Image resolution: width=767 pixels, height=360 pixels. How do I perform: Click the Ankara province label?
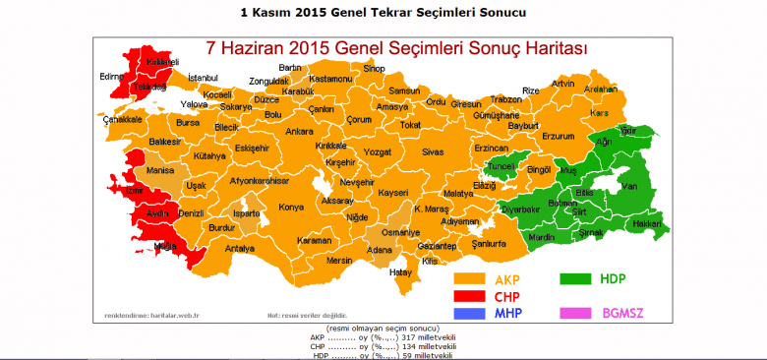299,131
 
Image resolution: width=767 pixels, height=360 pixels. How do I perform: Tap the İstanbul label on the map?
203,77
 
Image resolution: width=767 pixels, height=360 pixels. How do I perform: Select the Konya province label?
291,207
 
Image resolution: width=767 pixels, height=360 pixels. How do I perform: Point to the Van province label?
631,187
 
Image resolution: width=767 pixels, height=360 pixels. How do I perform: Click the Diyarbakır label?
520,209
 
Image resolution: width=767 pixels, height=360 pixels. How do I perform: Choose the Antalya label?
239,249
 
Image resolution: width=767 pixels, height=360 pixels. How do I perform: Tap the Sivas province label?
433,152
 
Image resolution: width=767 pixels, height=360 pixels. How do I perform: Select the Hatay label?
401,271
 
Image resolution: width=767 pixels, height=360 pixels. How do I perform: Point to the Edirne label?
110,76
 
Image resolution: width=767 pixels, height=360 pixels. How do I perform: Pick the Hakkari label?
645,224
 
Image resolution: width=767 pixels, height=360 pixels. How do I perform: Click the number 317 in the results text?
397,337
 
